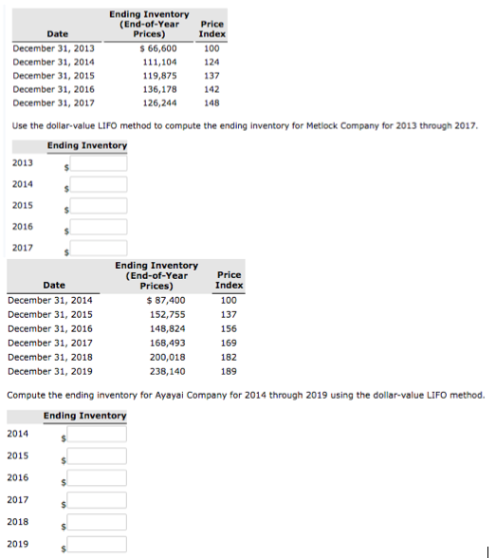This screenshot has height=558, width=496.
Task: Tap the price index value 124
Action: pos(211,61)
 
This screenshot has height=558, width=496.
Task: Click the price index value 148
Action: pos(211,103)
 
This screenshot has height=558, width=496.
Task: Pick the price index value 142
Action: pos(211,89)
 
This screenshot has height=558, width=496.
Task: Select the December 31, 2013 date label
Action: pos(53,46)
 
